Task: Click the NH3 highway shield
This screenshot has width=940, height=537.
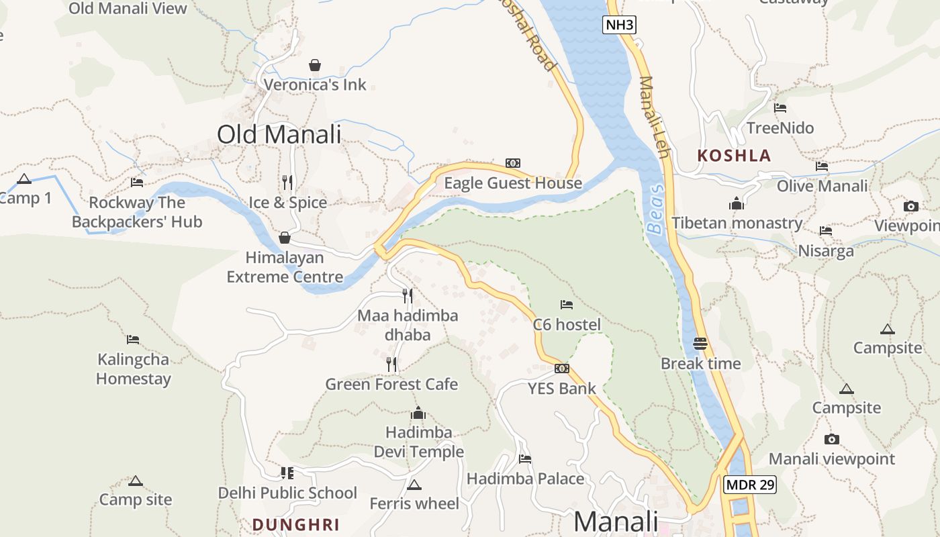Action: [x=618, y=26]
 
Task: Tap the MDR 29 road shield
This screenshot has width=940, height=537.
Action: [x=750, y=485]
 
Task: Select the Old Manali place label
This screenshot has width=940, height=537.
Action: [x=279, y=134]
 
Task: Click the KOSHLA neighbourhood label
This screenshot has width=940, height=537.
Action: [x=734, y=156]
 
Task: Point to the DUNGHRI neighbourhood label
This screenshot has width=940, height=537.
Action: [x=295, y=525]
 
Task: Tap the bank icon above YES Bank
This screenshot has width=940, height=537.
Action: [x=562, y=369]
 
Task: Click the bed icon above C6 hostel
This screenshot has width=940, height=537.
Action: [x=567, y=305]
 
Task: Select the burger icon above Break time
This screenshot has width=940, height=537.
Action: [x=700, y=344]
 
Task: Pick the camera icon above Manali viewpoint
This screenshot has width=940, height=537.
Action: [x=832, y=439]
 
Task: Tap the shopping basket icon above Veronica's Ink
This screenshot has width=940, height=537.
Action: [x=314, y=65]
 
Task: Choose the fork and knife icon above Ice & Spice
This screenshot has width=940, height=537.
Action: [x=287, y=182]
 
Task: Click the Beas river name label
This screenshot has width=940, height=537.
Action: [x=656, y=209]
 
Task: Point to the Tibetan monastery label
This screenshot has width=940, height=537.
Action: [x=737, y=223]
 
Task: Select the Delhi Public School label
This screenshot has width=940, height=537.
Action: [x=287, y=493]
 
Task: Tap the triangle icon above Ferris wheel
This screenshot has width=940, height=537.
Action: [x=414, y=485]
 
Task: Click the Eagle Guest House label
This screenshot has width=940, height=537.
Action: [x=513, y=183]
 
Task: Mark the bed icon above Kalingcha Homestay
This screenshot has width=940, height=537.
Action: [x=133, y=340]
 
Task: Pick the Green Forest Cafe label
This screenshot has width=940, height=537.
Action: [x=391, y=384]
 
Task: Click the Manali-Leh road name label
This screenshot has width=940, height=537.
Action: [x=655, y=117]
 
